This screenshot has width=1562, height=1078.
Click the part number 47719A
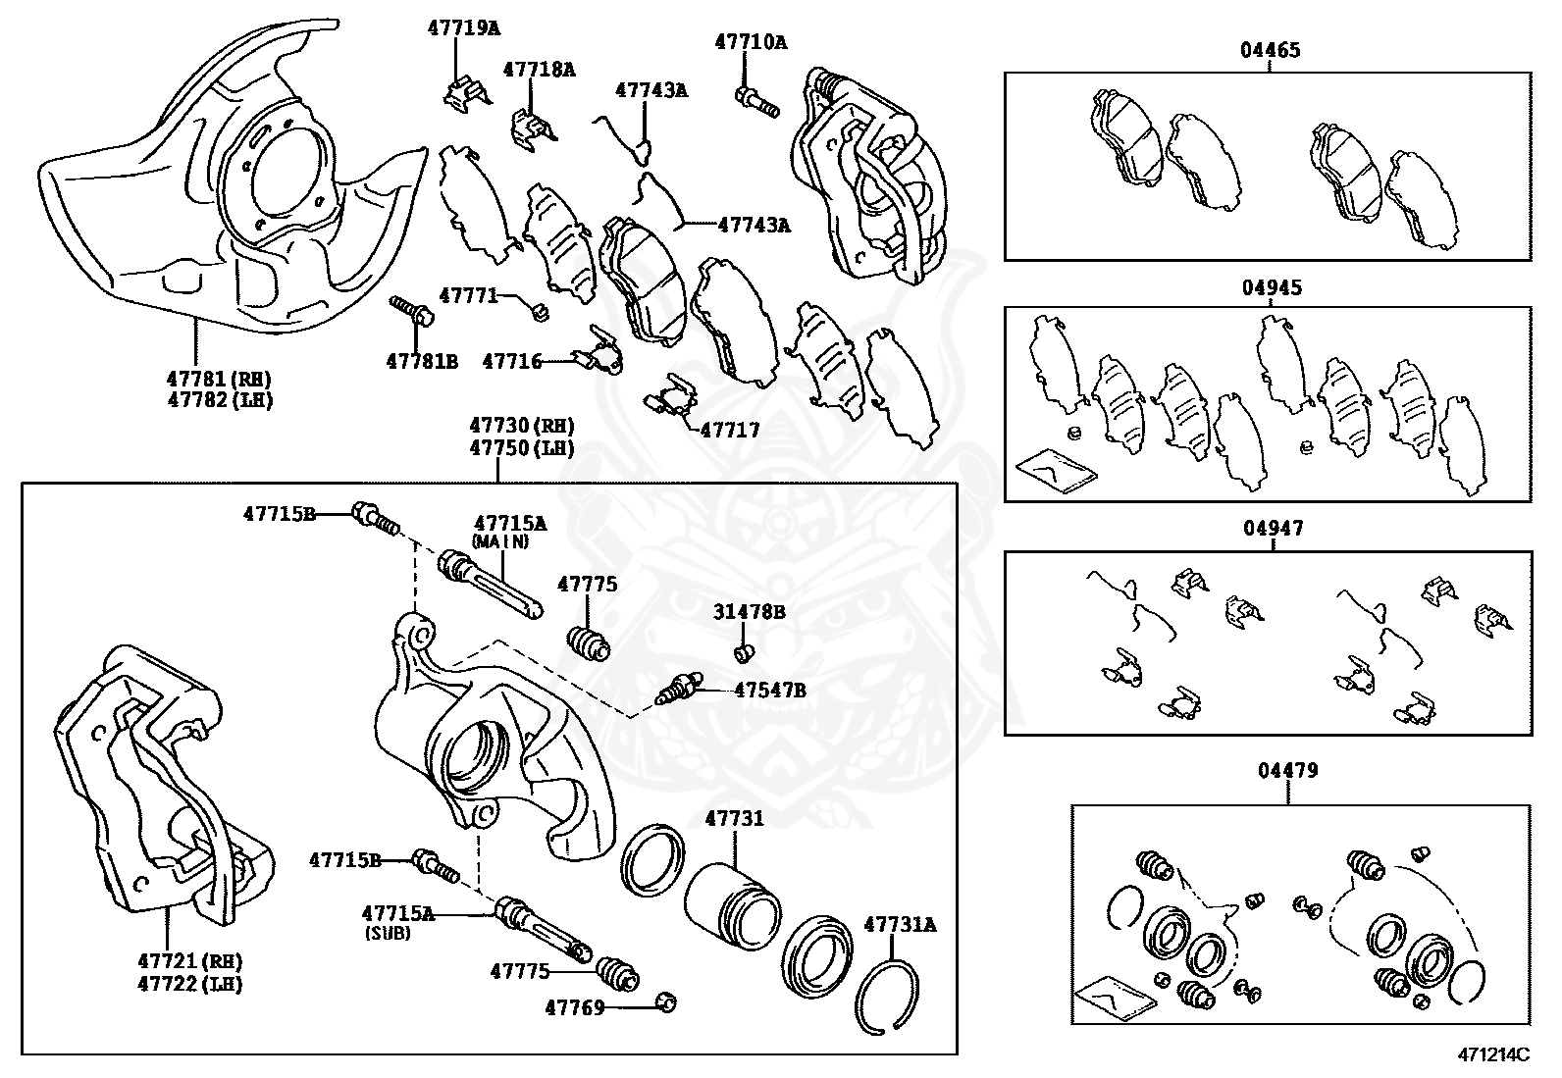pos(463,27)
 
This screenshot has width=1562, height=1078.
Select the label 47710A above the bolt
pos(751,42)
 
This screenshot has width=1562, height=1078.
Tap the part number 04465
pos(1270,49)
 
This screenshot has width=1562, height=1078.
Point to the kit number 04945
pos(1272,288)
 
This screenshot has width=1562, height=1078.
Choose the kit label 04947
pos(1274,529)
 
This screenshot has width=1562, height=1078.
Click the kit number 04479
pos(1288,770)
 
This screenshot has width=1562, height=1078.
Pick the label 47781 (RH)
pos(219,379)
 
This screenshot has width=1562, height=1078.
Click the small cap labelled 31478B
pos(744,651)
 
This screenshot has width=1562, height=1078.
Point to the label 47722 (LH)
pos(204,984)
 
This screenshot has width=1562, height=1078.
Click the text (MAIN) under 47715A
pos(499,541)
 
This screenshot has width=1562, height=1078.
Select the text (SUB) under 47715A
pos(387,934)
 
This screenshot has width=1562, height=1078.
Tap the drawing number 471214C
pos(1491,1056)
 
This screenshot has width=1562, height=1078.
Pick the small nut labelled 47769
pos(666,1002)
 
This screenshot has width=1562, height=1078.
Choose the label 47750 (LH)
pos(521,448)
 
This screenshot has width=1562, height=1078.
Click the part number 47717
pos(729,430)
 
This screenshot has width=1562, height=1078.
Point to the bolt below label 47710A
pos(756,99)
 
